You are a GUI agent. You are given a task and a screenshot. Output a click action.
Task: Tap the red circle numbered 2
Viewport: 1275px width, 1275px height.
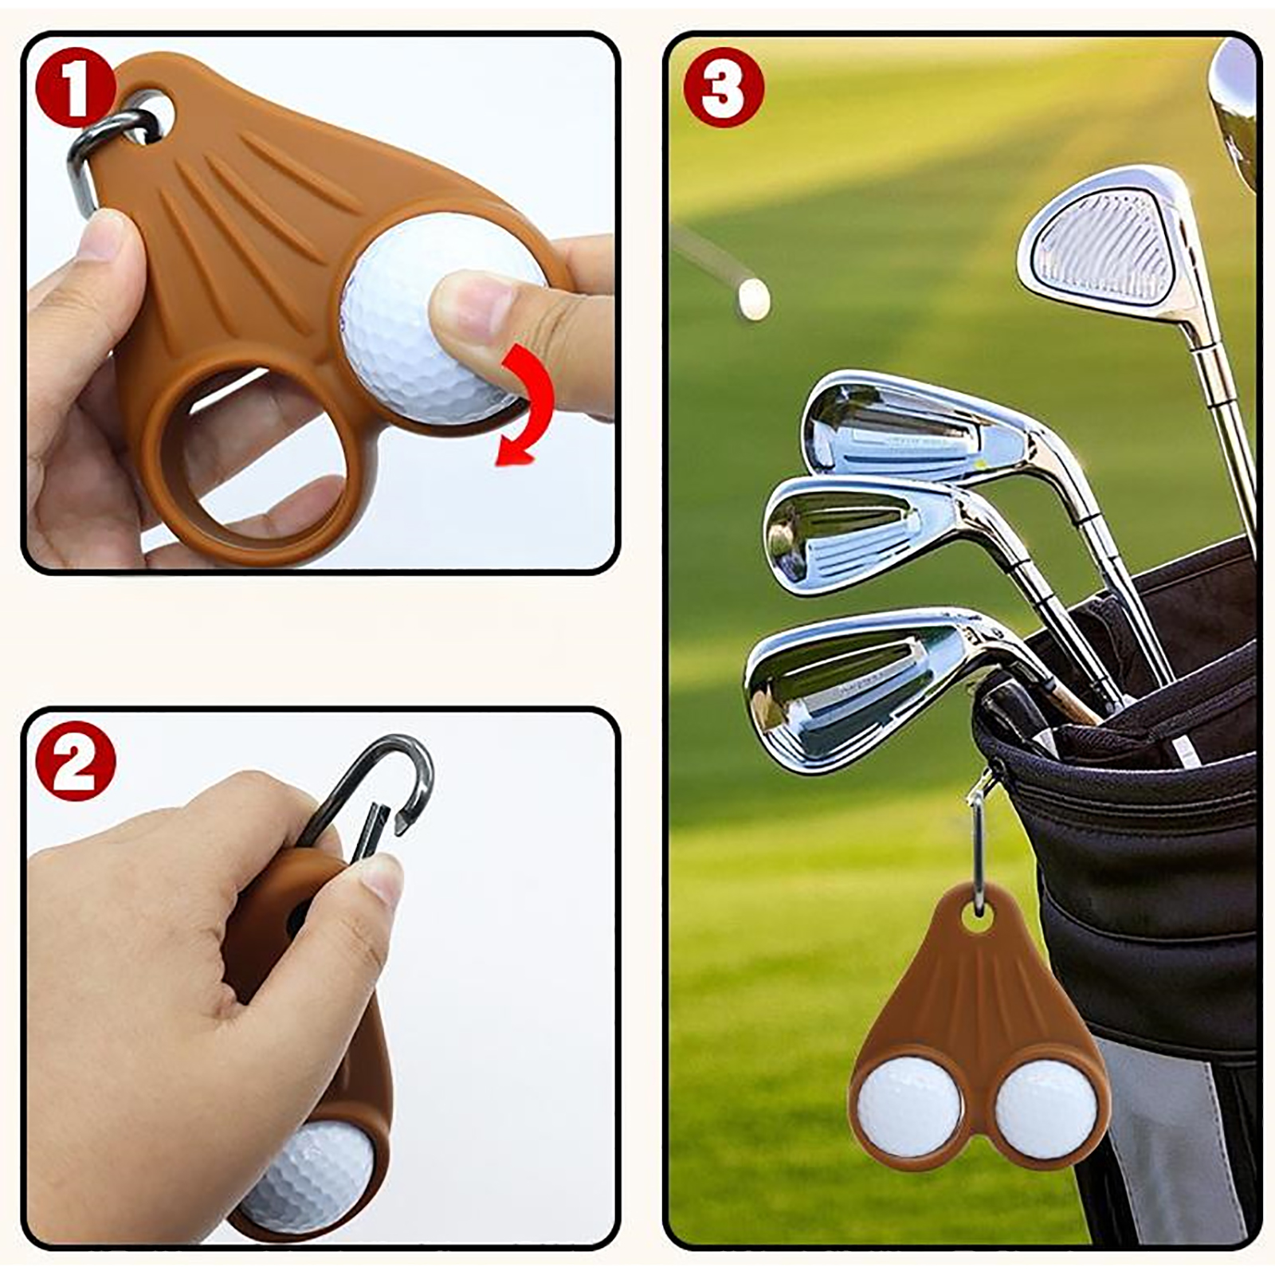76,762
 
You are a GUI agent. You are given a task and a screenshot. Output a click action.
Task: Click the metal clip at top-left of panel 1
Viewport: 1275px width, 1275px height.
112,151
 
